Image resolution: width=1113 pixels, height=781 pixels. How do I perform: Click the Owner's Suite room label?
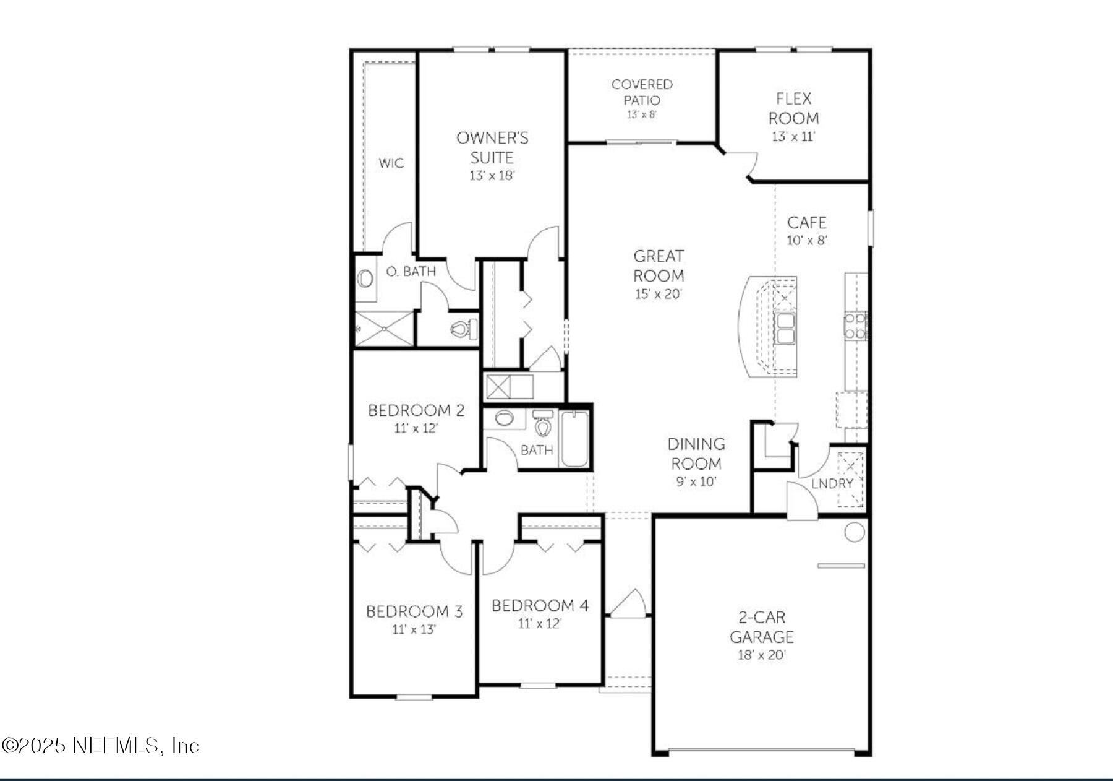(x=492, y=147)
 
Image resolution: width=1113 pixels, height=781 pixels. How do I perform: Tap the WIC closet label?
(x=391, y=163)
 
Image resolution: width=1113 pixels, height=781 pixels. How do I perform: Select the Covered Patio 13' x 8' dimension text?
(x=641, y=115)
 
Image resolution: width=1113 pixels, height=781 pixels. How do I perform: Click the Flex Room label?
(x=793, y=108)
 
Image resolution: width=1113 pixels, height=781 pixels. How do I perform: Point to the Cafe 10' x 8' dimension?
(x=806, y=241)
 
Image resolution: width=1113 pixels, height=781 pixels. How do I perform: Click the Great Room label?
(x=659, y=265)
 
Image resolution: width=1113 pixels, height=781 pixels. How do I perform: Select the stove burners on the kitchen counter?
(x=855, y=326)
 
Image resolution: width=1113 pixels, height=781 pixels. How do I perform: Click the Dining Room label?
(x=696, y=454)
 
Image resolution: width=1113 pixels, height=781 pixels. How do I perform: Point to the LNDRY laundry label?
(x=832, y=484)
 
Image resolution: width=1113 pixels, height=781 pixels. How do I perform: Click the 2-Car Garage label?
(x=761, y=627)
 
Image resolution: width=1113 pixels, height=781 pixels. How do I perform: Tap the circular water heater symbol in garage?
(x=854, y=532)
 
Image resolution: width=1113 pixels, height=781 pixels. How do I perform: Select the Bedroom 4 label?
(x=539, y=606)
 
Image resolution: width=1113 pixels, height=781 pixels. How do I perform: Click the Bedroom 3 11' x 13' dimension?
(x=414, y=630)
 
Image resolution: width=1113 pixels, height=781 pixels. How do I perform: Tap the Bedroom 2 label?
(x=416, y=411)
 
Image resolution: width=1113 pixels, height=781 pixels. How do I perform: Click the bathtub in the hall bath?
(x=574, y=439)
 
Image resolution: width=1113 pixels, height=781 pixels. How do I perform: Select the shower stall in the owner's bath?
(x=384, y=329)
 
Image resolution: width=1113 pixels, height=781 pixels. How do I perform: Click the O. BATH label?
(x=411, y=272)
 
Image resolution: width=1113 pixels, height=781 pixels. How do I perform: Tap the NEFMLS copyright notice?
(x=100, y=746)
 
